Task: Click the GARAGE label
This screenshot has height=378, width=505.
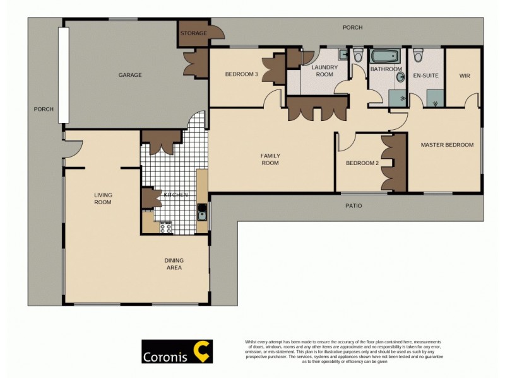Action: pyautogui.click(x=130, y=75)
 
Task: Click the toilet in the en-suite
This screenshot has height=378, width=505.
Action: pyautogui.click(x=417, y=56)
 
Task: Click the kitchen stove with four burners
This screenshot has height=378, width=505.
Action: pyautogui.click(x=166, y=227)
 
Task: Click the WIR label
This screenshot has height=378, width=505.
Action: pyautogui.click(x=465, y=76)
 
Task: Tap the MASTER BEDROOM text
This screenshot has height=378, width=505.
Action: pyautogui.click(x=447, y=145)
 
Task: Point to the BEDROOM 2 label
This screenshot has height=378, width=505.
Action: pyautogui.click(x=362, y=163)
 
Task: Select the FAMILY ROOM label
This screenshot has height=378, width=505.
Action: pyautogui.click(x=270, y=159)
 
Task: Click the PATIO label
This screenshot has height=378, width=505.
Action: pyautogui.click(x=353, y=206)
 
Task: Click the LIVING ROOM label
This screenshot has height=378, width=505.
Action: pyautogui.click(x=103, y=198)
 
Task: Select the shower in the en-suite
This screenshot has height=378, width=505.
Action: pyautogui.click(x=434, y=97)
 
